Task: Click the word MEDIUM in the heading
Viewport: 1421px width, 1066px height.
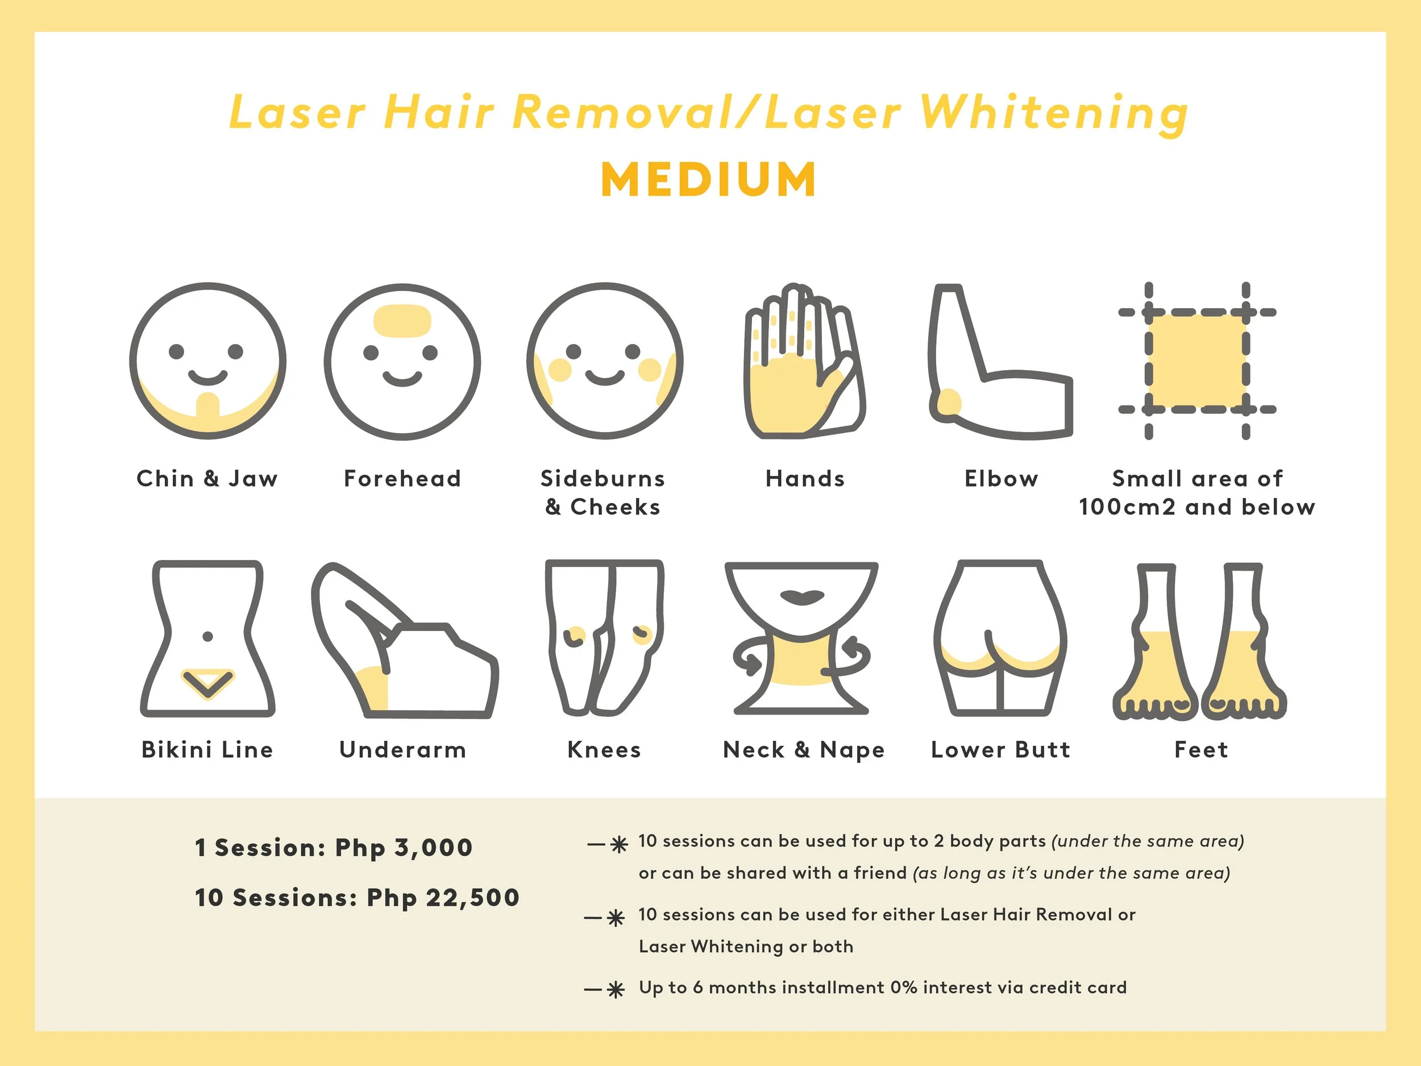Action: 709,179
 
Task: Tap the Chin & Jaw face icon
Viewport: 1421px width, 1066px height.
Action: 207,361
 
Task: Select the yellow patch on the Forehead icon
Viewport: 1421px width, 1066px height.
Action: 402,321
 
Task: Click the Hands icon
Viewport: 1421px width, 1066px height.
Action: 803,363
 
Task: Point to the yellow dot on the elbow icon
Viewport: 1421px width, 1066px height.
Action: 949,403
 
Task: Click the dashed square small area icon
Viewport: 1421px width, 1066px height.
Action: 1197,361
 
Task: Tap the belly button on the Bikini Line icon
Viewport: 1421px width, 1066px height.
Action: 207,636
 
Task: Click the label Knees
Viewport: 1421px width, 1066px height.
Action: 604,750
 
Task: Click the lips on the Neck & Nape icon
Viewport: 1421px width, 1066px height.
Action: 803,596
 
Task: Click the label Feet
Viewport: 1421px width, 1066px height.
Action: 1200,750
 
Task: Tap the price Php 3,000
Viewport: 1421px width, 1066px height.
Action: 404,848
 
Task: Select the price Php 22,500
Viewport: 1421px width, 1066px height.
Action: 443,898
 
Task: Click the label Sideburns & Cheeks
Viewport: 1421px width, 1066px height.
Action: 603,493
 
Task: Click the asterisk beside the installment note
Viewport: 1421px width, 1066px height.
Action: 616,990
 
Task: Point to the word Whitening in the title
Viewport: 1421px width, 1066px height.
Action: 1054,113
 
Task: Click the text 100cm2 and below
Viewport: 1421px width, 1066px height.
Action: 1197,508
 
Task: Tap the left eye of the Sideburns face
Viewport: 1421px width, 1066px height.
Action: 574,351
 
